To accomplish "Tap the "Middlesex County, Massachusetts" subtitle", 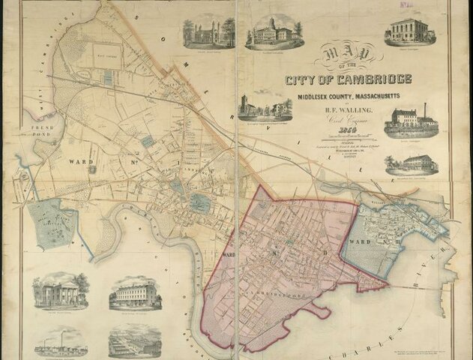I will click(346, 97).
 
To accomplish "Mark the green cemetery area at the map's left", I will click(52, 223).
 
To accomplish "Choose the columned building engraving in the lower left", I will click(60, 291).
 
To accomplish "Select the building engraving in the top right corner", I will click(410, 30).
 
